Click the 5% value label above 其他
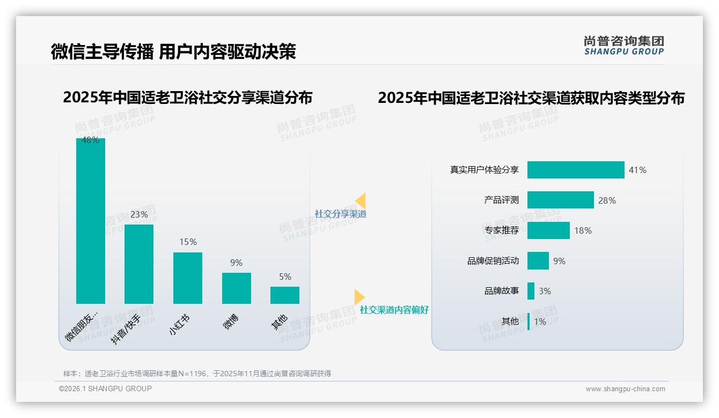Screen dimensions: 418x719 click(x=285, y=277)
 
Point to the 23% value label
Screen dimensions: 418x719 click(x=139, y=214)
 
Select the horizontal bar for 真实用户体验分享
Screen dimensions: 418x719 click(x=576, y=170)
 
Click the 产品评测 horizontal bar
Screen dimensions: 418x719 click(x=560, y=200)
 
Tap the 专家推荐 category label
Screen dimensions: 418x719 click(x=501, y=230)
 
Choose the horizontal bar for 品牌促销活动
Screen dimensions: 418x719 click(x=538, y=261)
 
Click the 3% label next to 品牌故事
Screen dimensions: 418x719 click(x=545, y=291)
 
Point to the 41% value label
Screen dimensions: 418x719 click(x=637, y=170)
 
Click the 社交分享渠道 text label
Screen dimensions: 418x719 click(x=340, y=214)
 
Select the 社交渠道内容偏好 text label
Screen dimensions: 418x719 click(x=394, y=310)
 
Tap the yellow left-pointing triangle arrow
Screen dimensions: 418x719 click(x=360, y=201)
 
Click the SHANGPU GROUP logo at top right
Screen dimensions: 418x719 click(x=623, y=46)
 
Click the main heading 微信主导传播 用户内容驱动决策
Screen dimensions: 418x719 click(x=173, y=51)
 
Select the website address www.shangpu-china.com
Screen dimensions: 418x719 click(x=625, y=389)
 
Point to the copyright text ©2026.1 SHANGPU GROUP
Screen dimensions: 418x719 click(x=105, y=389)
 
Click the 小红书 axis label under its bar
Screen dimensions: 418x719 click(x=179, y=325)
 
